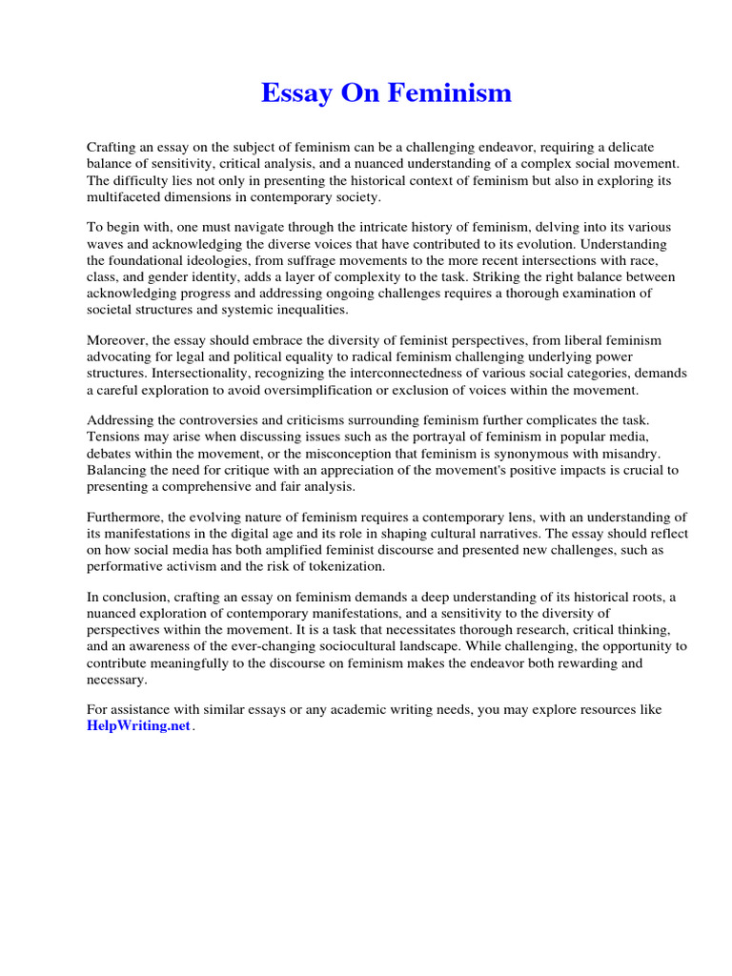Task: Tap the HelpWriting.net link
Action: [139, 726]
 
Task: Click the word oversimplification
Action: [344, 390]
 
